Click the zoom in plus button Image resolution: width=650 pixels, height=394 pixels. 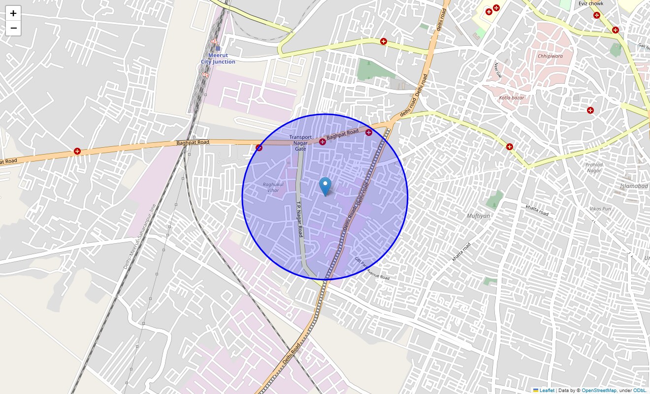tap(13, 13)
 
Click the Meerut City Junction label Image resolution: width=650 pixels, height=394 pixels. tap(218, 59)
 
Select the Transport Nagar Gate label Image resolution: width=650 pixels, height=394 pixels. tap(300, 143)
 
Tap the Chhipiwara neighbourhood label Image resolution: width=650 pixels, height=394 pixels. tap(550, 56)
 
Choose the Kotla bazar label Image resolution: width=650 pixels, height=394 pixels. tap(512, 98)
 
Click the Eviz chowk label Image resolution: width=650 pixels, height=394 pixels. tap(591, 3)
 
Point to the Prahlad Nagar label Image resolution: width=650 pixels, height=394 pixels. tap(594, 167)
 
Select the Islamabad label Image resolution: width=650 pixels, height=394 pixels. tap(634, 186)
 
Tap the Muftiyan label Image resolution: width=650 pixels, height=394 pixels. tap(478, 216)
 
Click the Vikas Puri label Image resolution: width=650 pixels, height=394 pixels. tap(600, 209)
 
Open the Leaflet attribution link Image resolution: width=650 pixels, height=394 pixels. tap(547, 391)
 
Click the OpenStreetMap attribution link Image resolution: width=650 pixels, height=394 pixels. tap(599, 391)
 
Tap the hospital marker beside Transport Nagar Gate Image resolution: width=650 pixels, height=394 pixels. tap(323, 142)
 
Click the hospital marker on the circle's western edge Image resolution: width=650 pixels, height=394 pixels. tap(259, 148)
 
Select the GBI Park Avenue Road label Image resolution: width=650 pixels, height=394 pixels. tap(372, 268)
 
